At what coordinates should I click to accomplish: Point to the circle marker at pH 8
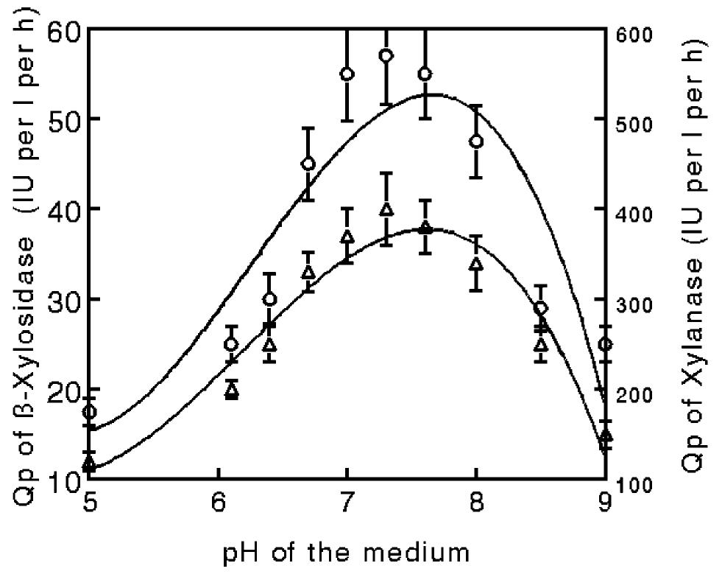(x=476, y=141)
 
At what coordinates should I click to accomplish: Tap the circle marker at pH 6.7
(x=308, y=164)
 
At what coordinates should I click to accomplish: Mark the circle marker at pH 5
(x=89, y=412)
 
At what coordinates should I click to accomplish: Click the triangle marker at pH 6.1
(x=232, y=391)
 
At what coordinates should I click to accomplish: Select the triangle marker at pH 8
(x=476, y=263)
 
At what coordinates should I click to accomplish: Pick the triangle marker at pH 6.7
(x=308, y=273)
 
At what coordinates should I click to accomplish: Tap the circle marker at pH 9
(x=605, y=344)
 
